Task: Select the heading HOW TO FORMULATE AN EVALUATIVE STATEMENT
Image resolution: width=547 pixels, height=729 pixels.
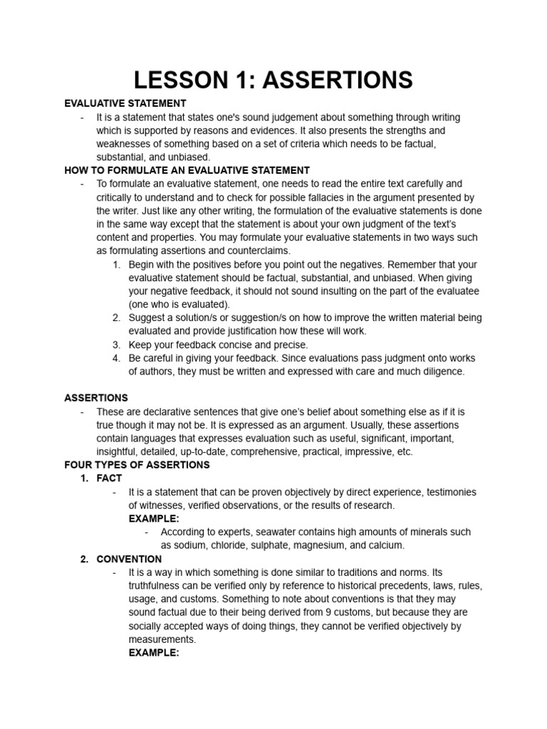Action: point(187,170)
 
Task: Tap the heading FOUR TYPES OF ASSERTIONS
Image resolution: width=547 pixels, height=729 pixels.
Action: point(137,465)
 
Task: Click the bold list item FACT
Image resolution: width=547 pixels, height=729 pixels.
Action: point(110,478)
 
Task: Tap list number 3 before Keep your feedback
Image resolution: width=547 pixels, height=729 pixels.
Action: point(116,345)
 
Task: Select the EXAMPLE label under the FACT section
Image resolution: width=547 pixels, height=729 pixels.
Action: point(154,518)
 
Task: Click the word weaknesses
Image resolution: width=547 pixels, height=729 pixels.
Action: point(127,143)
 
